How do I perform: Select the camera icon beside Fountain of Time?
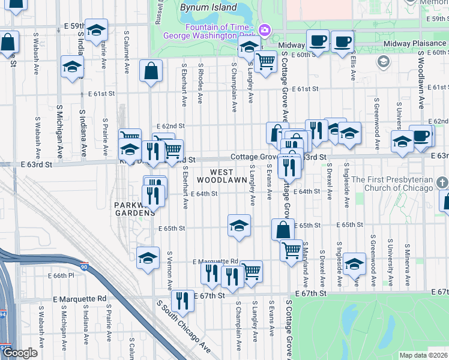tap(264, 29)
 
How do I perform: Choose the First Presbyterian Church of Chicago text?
tap(392, 184)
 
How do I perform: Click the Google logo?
tap(19, 353)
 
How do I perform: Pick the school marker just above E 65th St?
tap(239, 226)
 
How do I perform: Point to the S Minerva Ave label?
tap(408, 265)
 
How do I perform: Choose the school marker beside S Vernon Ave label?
tap(148, 258)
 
